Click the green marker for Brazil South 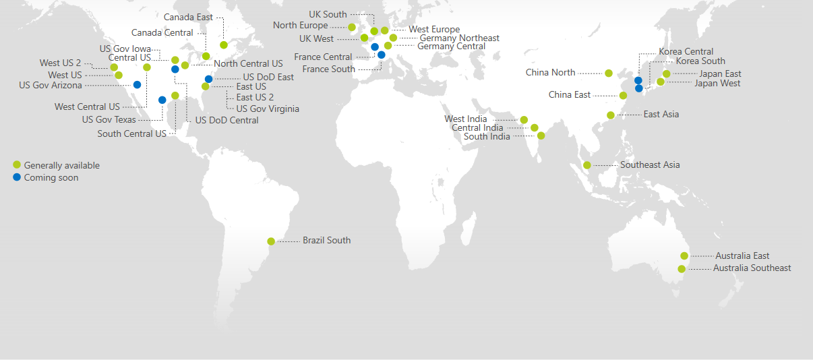271,241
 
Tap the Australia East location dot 684,256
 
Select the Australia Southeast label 752,268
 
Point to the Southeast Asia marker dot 587,165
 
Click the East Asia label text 661,115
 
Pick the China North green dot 609,73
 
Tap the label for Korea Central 686,52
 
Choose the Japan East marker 667,73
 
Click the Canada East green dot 224,45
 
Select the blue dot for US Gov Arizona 138,85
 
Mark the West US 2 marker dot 114,67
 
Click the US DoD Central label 227,121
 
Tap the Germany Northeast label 459,38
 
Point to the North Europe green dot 352,27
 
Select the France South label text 328,69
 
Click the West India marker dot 524,120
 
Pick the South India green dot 541,136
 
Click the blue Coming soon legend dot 17,177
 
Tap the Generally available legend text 61,165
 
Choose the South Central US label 131,133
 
